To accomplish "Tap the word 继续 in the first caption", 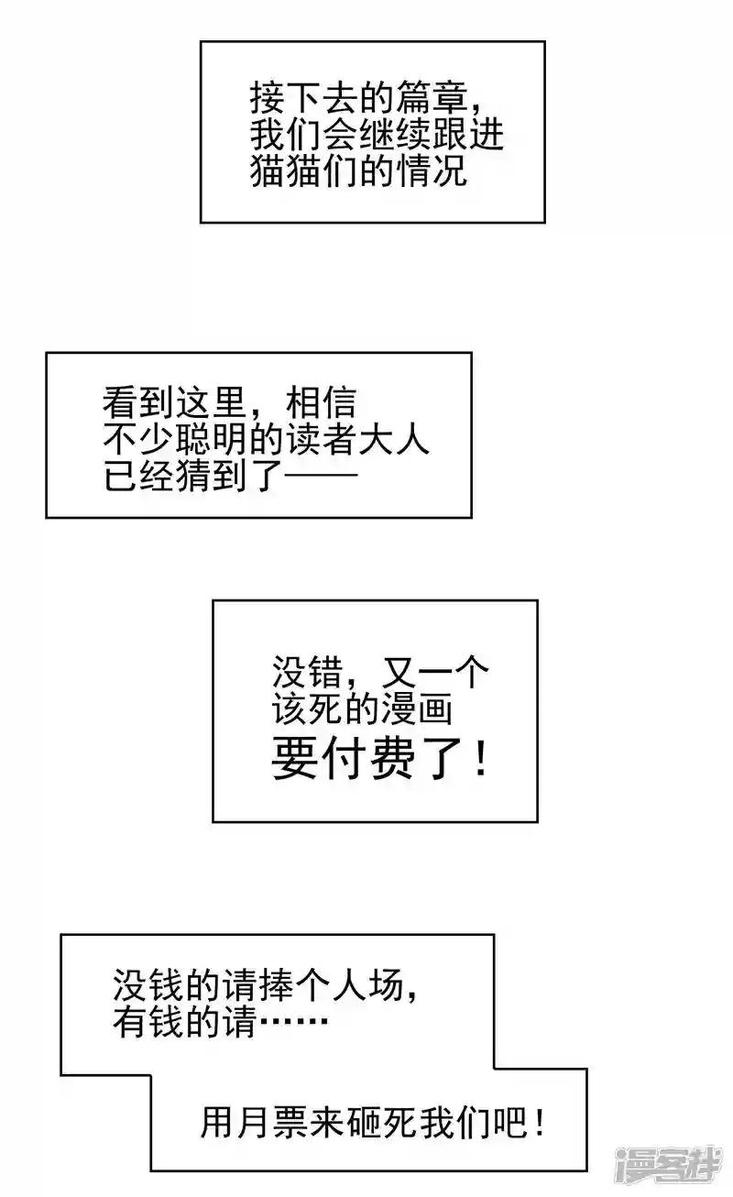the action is click(x=395, y=135).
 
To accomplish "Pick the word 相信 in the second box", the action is click(x=322, y=403).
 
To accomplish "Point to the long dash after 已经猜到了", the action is click(x=321, y=474).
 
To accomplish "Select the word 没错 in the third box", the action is click(x=307, y=672).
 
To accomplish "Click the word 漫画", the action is click(x=417, y=708).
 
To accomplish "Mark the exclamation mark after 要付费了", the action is click(x=481, y=758).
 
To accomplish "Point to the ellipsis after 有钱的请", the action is click(x=293, y=1021).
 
